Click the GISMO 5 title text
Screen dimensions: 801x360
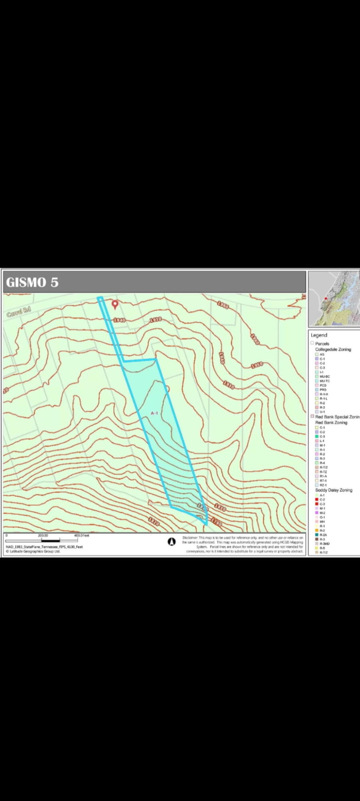coord(32,282)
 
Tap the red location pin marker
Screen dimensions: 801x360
coord(115,304)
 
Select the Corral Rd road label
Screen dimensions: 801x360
coord(19,312)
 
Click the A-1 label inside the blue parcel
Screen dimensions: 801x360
coord(155,413)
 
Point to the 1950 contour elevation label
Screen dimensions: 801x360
coord(257,365)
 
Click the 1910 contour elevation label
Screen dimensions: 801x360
coord(229,385)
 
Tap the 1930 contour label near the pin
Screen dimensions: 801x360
coord(155,319)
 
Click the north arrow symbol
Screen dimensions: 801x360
coord(171,542)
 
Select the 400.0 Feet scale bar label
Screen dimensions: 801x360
coord(82,535)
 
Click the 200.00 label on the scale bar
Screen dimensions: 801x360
coord(43,535)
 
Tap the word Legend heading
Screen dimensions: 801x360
coord(319,335)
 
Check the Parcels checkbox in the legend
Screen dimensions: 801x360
coord(312,343)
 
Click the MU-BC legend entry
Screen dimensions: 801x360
coord(324,376)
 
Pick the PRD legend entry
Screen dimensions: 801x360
coord(323,390)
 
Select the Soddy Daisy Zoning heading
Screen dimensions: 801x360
coord(334,490)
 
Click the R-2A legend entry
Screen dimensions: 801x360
coord(323,535)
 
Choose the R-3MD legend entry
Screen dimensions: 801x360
coord(324,543)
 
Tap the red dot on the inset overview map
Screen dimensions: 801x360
coord(326,298)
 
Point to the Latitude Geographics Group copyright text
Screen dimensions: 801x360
coord(33,551)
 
